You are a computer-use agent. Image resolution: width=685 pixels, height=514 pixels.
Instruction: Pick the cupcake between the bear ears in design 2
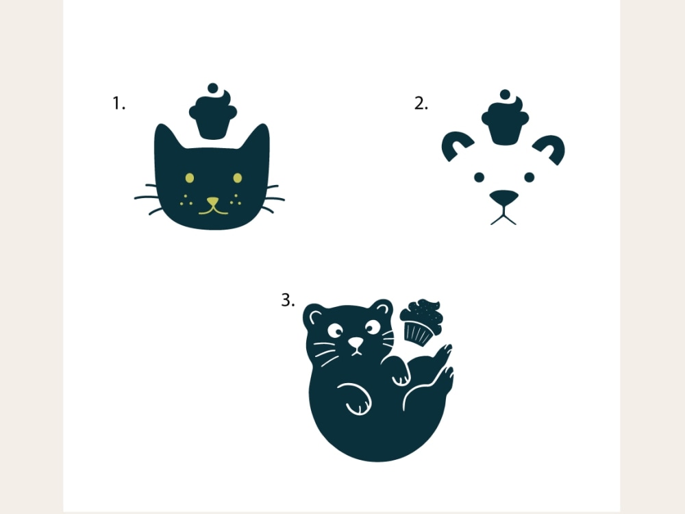coord(505,118)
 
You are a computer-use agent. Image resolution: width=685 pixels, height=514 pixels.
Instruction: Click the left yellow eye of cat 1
coord(190,178)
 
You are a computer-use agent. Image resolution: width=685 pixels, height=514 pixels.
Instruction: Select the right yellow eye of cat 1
coord(237,178)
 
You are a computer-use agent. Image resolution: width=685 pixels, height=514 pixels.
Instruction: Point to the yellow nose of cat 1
coord(213,201)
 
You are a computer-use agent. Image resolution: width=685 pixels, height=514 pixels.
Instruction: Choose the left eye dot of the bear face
coord(479,177)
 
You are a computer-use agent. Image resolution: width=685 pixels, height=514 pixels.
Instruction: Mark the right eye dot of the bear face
coord(529,177)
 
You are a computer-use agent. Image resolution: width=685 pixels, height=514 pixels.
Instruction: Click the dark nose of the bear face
coord(503,197)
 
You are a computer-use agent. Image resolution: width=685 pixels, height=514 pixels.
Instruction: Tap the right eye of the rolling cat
coord(373,327)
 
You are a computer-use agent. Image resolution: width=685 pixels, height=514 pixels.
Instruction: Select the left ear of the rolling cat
coord(314,315)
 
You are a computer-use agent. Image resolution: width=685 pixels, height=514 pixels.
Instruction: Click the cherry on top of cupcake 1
coord(213,88)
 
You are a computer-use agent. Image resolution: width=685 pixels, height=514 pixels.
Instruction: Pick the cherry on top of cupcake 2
coord(505,95)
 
